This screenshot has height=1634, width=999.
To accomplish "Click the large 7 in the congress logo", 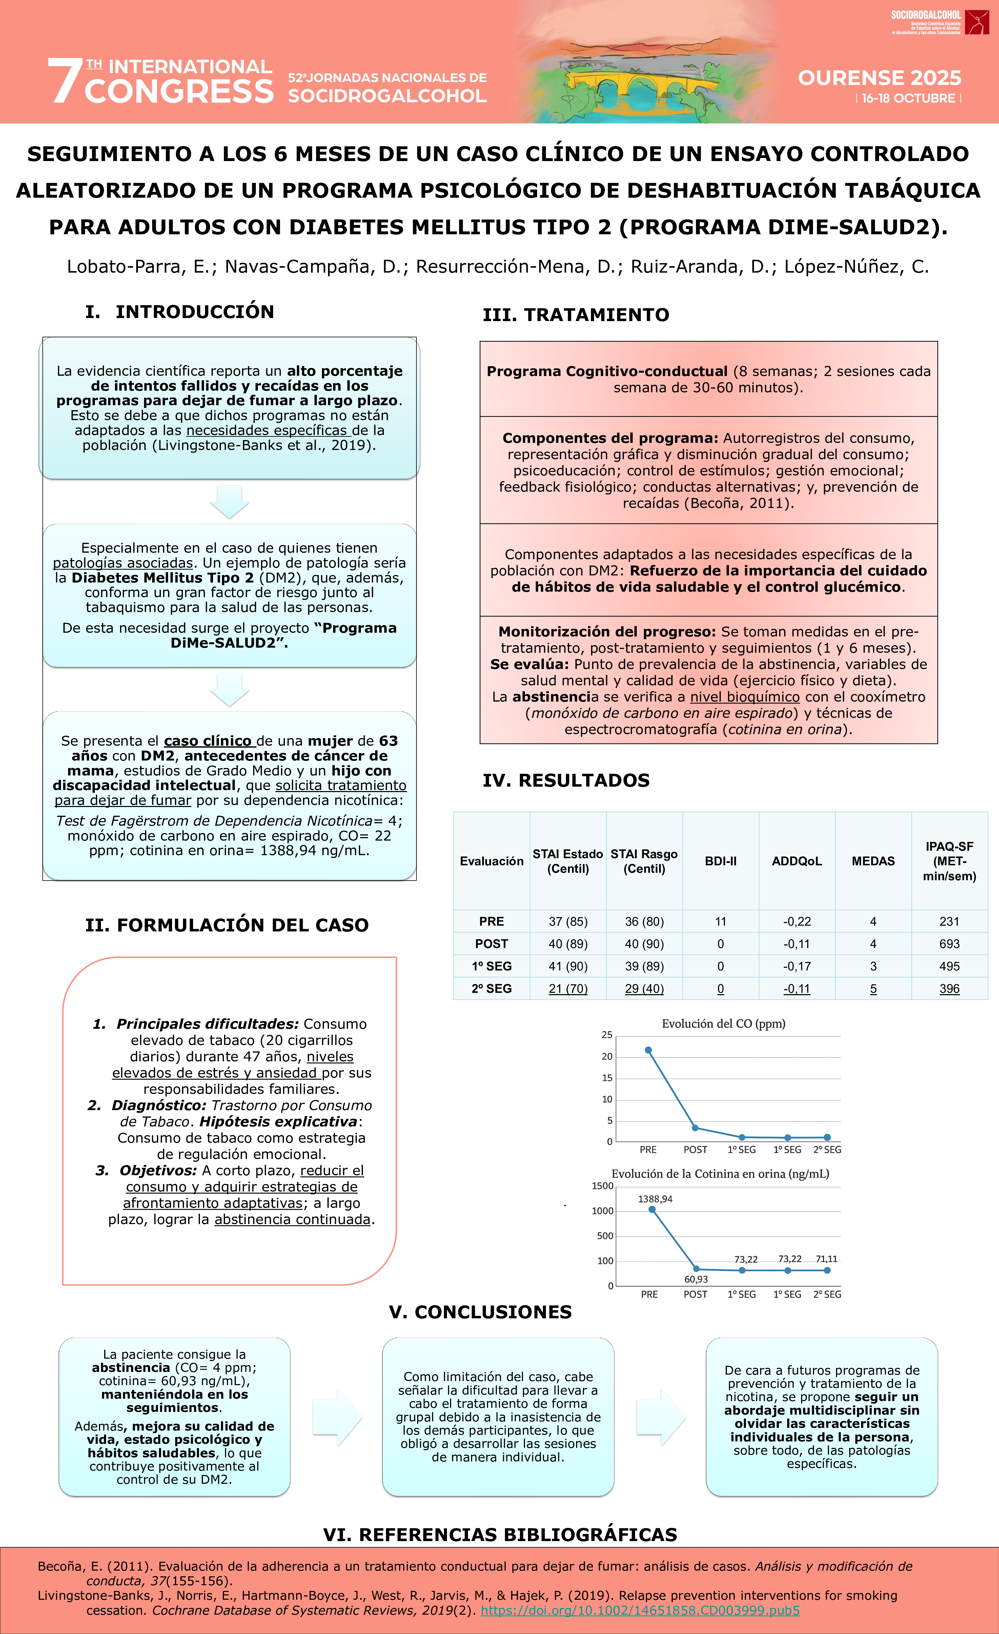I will [64, 81].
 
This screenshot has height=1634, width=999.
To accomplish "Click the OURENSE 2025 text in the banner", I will [879, 78].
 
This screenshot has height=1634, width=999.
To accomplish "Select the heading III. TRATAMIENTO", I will [575, 315].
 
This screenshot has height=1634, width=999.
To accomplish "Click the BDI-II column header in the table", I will [720, 861].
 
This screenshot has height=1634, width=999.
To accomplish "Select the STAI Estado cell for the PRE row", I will [568, 921].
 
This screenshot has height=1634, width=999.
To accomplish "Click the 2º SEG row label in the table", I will [491, 988].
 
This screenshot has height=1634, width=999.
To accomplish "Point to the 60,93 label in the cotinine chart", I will [696, 1279].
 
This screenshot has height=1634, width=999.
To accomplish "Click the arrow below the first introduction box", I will [229, 501].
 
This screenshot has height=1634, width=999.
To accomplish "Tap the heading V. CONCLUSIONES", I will [480, 1312].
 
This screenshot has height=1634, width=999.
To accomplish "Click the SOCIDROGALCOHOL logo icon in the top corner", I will [976, 22].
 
